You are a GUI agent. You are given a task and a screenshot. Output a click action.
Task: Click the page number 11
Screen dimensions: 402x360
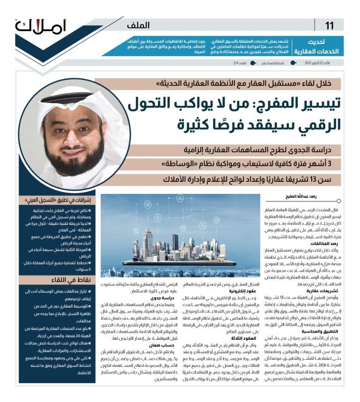pos(329,25)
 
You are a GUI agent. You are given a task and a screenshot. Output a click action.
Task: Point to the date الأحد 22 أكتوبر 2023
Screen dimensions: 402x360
pos(327,62)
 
